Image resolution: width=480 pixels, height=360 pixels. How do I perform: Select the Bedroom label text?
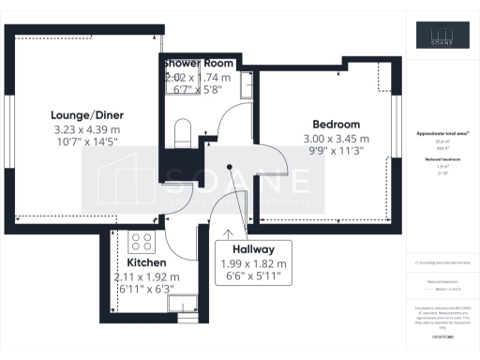337,125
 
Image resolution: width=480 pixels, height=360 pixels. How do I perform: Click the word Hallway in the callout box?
253,250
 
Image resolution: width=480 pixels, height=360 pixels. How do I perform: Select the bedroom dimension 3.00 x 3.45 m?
337,139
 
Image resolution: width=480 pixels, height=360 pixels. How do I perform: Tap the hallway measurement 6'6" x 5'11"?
253,277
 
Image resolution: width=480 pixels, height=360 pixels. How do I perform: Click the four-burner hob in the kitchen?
142,242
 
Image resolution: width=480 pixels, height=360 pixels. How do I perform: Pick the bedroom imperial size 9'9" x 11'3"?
337,152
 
